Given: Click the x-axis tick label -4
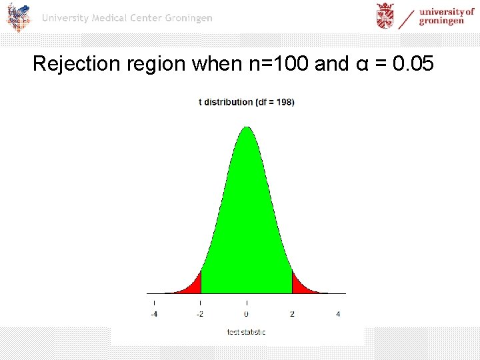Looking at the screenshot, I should tap(154, 314).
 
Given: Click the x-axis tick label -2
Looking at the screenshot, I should tap(200, 314).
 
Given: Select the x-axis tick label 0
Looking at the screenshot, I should tap(247, 314).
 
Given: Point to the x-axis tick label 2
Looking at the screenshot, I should tap(292, 314).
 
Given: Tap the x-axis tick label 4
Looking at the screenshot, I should tap(338, 314).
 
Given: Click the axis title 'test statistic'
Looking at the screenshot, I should tap(246, 332).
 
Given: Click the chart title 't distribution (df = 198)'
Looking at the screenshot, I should tap(247, 102).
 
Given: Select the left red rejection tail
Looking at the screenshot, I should tap(193, 287).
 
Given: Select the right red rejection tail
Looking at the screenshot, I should tap(300, 287).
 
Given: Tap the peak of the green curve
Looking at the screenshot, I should tap(247, 128).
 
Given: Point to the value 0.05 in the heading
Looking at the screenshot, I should tap(413, 64).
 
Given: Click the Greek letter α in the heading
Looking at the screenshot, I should tap(361, 64).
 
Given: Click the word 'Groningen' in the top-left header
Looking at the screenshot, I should tap(186, 18).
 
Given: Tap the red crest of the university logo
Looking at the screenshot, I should tap(385, 16).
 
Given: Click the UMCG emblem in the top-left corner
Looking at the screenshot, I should tap(19, 17).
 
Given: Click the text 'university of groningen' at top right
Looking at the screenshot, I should tap(445, 16).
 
